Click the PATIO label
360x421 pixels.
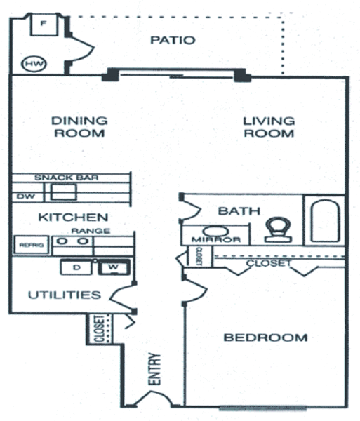coord(173,40)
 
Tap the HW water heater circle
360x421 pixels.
coord(34,64)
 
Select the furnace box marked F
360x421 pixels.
coord(44,25)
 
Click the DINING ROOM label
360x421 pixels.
coord(79,127)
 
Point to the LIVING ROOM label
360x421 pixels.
coord(269,127)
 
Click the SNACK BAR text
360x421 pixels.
coord(66,178)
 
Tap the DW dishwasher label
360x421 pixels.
coord(26,196)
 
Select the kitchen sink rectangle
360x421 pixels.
coord(64,192)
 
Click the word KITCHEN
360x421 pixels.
coord(73,218)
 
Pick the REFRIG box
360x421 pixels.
coord(32,245)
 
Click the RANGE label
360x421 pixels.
coord(91,231)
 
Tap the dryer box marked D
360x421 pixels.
coord(76,267)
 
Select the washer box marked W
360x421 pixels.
coord(114,267)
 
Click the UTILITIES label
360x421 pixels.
coord(65,295)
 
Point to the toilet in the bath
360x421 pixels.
coord(278,230)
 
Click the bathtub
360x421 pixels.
coord(325,221)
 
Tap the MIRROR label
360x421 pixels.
coord(216,239)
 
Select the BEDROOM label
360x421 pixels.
coord(265,338)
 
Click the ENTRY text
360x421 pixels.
coord(154,369)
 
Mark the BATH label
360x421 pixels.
coord(239,211)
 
